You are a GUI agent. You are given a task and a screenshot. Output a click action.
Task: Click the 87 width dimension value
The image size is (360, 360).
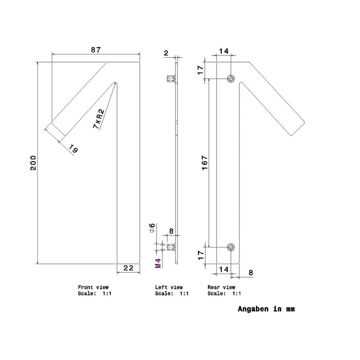tap(96, 50)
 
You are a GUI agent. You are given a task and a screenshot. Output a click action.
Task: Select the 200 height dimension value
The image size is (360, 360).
tap(33, 163)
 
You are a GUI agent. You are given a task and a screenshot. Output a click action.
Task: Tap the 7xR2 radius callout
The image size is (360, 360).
tap(99, 119)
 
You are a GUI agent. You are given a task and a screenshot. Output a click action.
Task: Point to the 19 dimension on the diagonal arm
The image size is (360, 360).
tap(73, 148)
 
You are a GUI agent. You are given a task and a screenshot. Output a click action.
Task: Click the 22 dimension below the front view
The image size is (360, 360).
tap(128, 268)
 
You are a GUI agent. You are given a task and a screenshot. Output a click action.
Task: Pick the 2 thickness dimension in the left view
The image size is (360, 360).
tap(166, 53)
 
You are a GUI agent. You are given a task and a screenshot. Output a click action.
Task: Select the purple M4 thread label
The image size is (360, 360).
tap(158, 263)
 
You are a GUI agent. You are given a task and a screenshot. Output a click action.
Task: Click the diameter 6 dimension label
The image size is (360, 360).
tap(152, 228)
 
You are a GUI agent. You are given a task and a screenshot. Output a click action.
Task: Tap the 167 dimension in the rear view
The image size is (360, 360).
tap(205, 163)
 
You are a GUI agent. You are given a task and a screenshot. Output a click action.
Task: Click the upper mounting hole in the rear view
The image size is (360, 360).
tap(231, 79)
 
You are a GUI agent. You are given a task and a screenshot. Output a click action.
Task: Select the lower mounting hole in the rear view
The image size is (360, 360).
tap(231, 247)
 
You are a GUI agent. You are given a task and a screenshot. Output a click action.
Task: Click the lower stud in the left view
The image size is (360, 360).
tap(171, 247)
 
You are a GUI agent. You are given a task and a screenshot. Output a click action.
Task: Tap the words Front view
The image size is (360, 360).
tap(93, 287)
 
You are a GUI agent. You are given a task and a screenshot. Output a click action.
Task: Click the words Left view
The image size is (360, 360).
tap(169, 287)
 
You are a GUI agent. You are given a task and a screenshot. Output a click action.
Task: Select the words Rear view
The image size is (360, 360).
tap(221, 287)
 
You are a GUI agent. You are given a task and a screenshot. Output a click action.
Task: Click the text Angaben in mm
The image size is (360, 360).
tap(266, 309)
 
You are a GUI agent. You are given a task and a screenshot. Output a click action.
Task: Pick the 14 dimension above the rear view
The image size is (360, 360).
tap(224, 51)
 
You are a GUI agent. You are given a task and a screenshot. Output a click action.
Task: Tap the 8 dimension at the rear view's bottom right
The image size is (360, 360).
tap(251, 273)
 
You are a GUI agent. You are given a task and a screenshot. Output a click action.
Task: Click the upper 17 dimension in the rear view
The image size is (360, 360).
tap(200, 70)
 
